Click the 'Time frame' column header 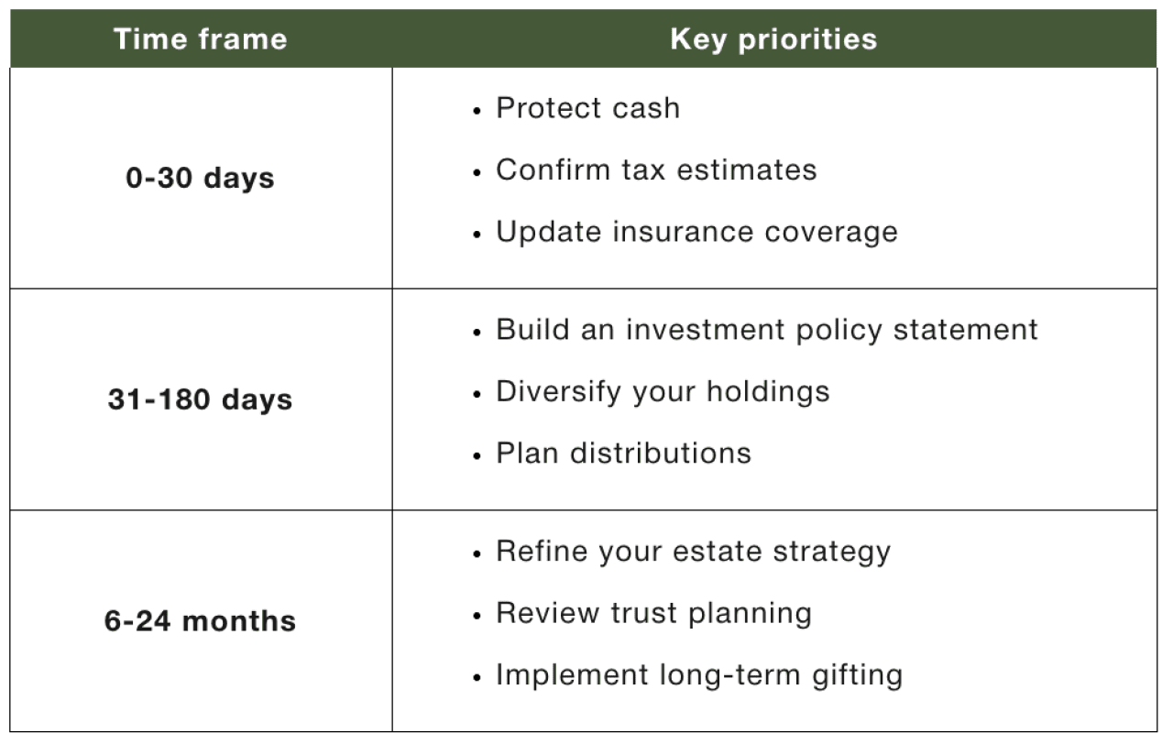[x=200, y=39]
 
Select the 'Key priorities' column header [x=773, y=39]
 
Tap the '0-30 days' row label [x=200, y=178]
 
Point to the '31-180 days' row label [x=200, y=399]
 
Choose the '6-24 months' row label [x=200, y=621]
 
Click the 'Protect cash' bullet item [x=587, y=108]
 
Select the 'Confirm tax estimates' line [x=655, y=170]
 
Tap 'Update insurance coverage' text [x=696, y=232]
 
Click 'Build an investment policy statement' [x=766, y=330]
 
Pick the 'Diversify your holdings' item [x=662, y=391]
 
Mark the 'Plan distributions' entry [x=623, y=453]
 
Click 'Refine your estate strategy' [x=693, y=552]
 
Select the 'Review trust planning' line [x=653, y=613]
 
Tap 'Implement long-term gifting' [x=698, y=675]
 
